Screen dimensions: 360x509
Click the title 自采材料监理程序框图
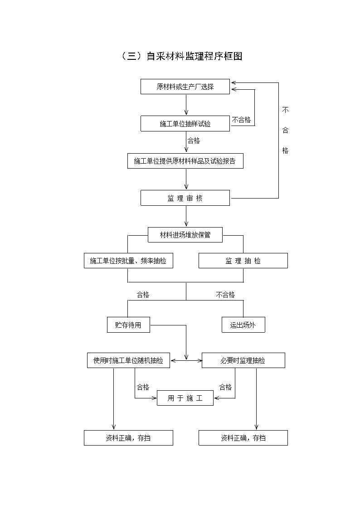(x=181, y=56)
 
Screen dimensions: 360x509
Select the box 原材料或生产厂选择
(x=185, y=87)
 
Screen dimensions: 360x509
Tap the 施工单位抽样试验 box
(x=185, y=124)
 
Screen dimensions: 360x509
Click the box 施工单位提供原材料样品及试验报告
(x=185, y=161)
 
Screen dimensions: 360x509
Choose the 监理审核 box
(x=185, y=198)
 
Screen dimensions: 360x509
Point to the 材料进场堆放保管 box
(x=185, y=235)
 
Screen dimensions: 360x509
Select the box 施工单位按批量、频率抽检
(x=129, y=261)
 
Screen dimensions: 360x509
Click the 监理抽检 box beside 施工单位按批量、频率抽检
(x=243, y=261)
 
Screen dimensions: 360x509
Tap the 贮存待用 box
(x=129, y=325)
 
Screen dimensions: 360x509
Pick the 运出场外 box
(x=243, y=325)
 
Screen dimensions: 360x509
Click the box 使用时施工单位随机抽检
(x=129, y=360)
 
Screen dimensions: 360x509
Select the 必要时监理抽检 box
(x=243, y=360)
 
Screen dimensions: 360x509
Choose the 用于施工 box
(x=185, y=398)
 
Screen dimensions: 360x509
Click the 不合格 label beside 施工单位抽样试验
(x=242, y=120)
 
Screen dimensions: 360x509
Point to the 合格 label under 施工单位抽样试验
(x=194, y=141)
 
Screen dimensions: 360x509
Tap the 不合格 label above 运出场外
(x=225, y=295)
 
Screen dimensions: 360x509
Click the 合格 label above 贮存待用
(x=143, y=295)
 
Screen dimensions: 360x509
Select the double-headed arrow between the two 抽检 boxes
(x=186, y=360)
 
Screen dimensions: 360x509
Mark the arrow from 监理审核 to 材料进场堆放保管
(x=186, y=216)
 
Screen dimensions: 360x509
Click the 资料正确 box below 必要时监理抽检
(x=243, y=438)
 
